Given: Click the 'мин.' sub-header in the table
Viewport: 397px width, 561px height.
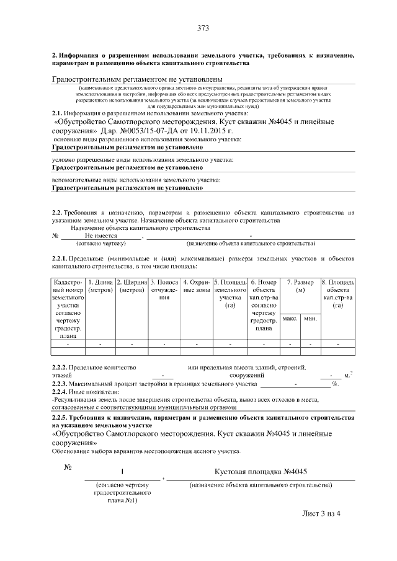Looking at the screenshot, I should (x=310, y=318).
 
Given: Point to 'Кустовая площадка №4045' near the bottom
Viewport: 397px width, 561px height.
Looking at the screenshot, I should (x=261, y=472).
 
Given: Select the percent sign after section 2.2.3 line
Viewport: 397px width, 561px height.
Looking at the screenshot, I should (x=335, y=384).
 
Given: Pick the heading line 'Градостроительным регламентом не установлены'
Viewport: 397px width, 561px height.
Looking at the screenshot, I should (x=136, y=79).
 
